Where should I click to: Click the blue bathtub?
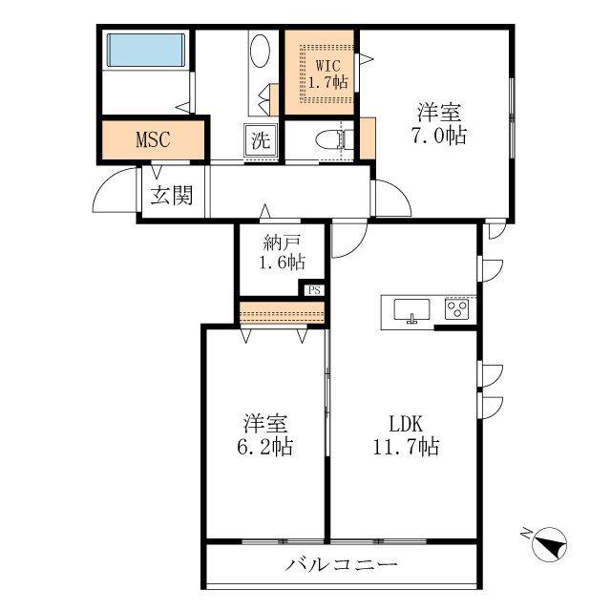click(145, 50)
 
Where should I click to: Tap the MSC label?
click(153, 139)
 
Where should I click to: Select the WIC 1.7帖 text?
click(328, 74)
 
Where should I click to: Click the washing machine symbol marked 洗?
click(261, 140)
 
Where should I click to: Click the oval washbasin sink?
click(260, 51)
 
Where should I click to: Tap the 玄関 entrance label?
click(172, 195)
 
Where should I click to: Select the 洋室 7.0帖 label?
click(439, 123)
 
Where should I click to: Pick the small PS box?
click(314, 290)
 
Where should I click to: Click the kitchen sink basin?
click(411, 310)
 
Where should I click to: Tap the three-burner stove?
click(456, 309)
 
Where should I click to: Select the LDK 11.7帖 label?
click(407, 435)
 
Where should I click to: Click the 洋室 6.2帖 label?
click(265, 435)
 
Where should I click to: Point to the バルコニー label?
click(342, 564)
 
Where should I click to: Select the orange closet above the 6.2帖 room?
click(283, 312)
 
